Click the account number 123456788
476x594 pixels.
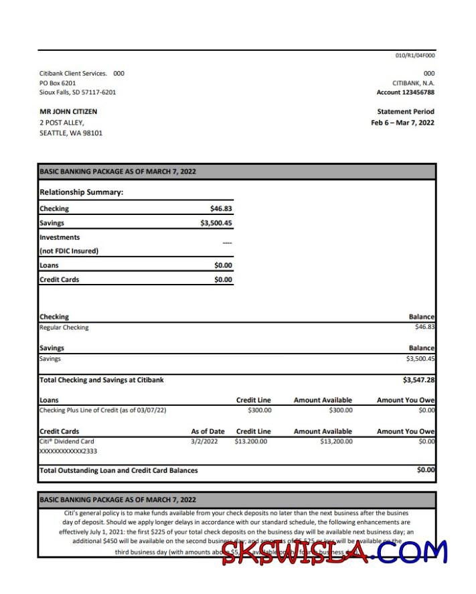tap(414, 92)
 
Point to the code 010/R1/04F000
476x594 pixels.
tap(415, 56)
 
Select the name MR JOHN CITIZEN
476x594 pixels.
tap(68, 112)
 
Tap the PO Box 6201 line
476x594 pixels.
tap(58, 83)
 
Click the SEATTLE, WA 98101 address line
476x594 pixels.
tap(71, 133)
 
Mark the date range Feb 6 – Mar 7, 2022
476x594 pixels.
tap(402, 123)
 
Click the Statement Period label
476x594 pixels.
tap(406, 112)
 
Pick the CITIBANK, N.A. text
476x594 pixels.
tap(413, 83)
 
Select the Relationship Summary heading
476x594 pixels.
tap(82, 192)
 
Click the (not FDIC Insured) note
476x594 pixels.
tap(69, 251)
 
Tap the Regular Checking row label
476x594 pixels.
tap(64, 327)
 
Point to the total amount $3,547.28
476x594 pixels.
tap(418, 380)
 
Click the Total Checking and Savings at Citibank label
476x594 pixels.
tap(102, 380)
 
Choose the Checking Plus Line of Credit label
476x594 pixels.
tap(103, 410)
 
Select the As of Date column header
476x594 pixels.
tap(208, 432)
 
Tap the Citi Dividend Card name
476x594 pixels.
tap(67, 441)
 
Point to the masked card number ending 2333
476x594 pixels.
tap(68, 452)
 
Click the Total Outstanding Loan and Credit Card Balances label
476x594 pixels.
tap(118, 470)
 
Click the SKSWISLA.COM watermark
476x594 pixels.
tap(335, 552)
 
